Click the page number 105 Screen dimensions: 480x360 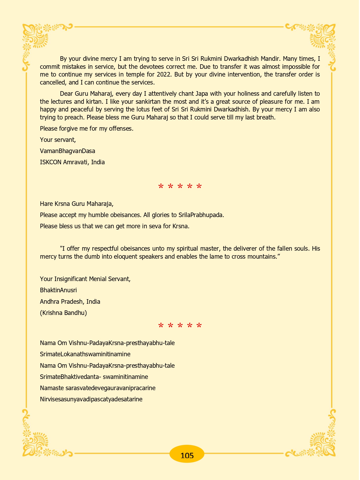(x=187, y=455)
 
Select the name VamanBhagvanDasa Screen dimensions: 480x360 (x=67, y=151)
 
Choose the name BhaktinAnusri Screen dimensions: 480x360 (x=58, y=290)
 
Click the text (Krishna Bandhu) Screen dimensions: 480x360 (x=63, y=313)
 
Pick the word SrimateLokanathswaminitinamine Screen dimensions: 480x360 (x=85, y=354)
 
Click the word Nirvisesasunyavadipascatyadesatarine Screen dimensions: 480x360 (x=91, y=399)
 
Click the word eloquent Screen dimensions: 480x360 (x=128, y=257)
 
